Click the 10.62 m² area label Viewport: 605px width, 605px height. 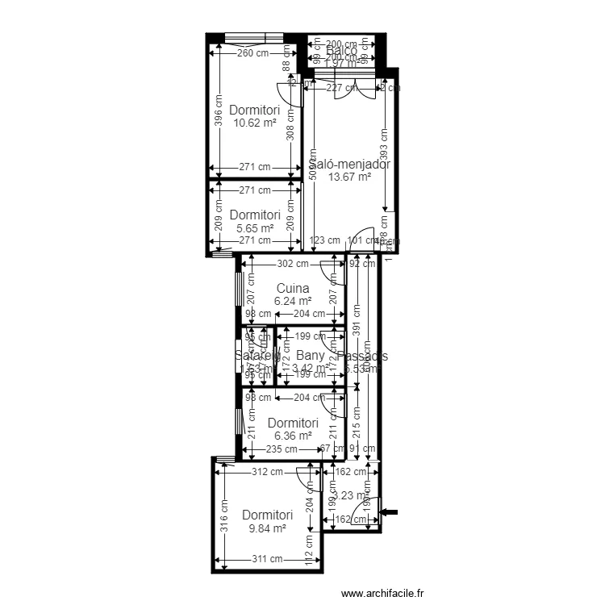point(254,123)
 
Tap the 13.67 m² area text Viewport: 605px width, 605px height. point(348,177)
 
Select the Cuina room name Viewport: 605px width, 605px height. point(292,288)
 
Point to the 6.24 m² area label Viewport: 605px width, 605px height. point(292,301)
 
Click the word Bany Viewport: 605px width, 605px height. point(311,355)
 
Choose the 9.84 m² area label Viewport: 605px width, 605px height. point(266,528)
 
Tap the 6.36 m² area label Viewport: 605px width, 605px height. point(292,436)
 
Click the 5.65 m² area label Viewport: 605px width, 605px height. point(254,228)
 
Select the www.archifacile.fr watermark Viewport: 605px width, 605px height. point(383,594)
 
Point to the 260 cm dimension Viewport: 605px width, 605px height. point(252,53)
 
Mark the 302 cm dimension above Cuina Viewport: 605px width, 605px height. point(292,263)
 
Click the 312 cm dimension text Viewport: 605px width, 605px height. point(267,473)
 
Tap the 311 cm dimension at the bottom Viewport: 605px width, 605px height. point(266,558)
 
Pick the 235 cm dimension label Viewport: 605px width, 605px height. point(282,449)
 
